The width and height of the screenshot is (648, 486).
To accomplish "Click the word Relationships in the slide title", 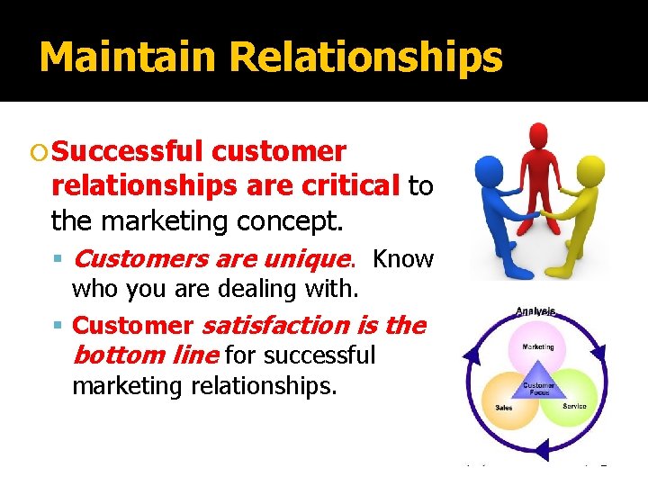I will (365, 58).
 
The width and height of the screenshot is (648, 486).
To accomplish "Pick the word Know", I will (402, 259).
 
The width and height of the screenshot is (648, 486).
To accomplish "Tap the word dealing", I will (255, 289).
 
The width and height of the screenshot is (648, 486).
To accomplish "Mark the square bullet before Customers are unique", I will (59, 260).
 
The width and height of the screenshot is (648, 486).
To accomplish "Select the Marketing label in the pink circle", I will (538, 346).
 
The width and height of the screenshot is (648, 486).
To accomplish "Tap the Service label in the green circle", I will (574, 406).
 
